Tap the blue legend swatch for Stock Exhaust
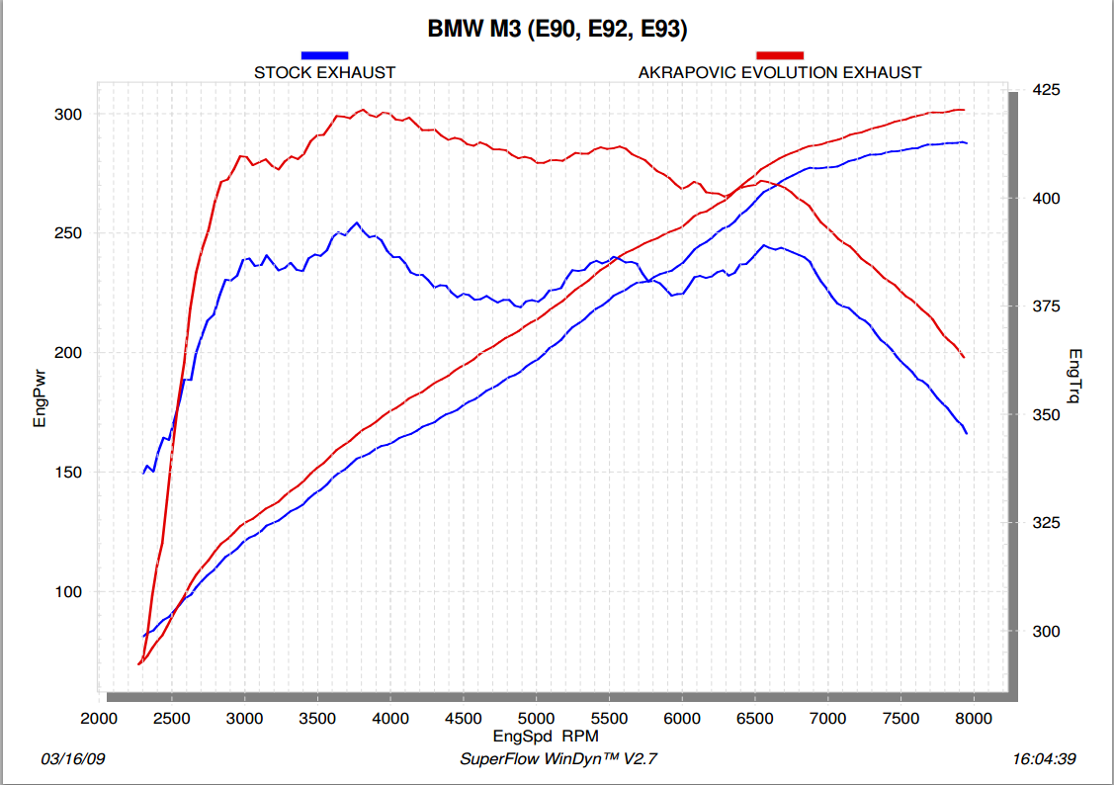324,55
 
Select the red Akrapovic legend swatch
780,55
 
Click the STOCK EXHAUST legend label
324,72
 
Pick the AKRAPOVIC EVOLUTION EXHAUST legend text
780,72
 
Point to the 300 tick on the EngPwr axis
68,115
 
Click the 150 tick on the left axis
68,473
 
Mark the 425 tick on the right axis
1046,90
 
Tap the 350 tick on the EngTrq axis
1046,415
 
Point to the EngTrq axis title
1075,375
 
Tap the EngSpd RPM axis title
545,737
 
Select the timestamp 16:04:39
1045,759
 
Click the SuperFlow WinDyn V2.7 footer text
558,759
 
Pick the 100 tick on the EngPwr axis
68,592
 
